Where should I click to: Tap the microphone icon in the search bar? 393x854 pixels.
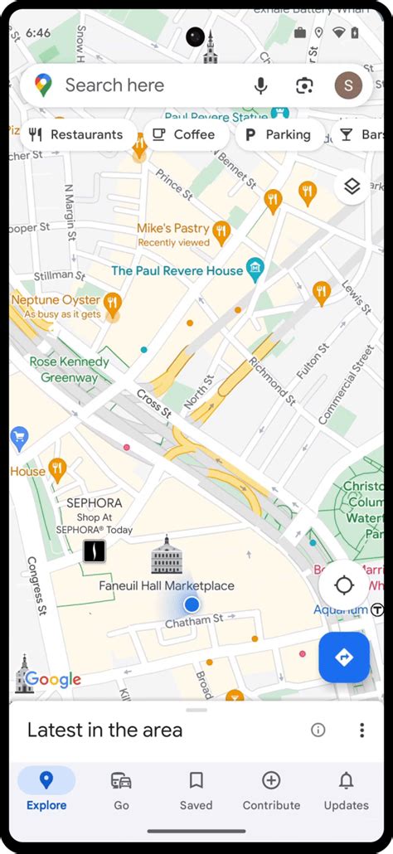coord(261,85)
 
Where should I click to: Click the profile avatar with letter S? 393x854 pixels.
coord(348,85)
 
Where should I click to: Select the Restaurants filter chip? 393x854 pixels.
coord(75,134)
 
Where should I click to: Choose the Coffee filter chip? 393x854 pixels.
coord(183,134)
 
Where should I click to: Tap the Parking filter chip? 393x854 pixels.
coord(278,134)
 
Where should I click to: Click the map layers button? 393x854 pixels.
coord(352,187)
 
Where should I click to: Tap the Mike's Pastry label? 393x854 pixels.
coord(173,228)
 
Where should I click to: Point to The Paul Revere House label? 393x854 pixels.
coord(177,270)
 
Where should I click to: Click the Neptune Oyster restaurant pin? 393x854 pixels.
coord(113,303)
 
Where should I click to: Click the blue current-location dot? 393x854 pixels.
coord(192,604)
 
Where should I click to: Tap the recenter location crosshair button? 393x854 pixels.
coord(344,585)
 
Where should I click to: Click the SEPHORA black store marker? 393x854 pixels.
coord(95,551)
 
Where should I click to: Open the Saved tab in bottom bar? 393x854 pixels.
coord(196,789)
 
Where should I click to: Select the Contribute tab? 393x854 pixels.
coord(271,789)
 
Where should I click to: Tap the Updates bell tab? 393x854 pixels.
coord(347,789)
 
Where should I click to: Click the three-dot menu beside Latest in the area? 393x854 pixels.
coord(361,730)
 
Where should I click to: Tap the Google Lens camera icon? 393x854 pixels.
coord(304,85)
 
